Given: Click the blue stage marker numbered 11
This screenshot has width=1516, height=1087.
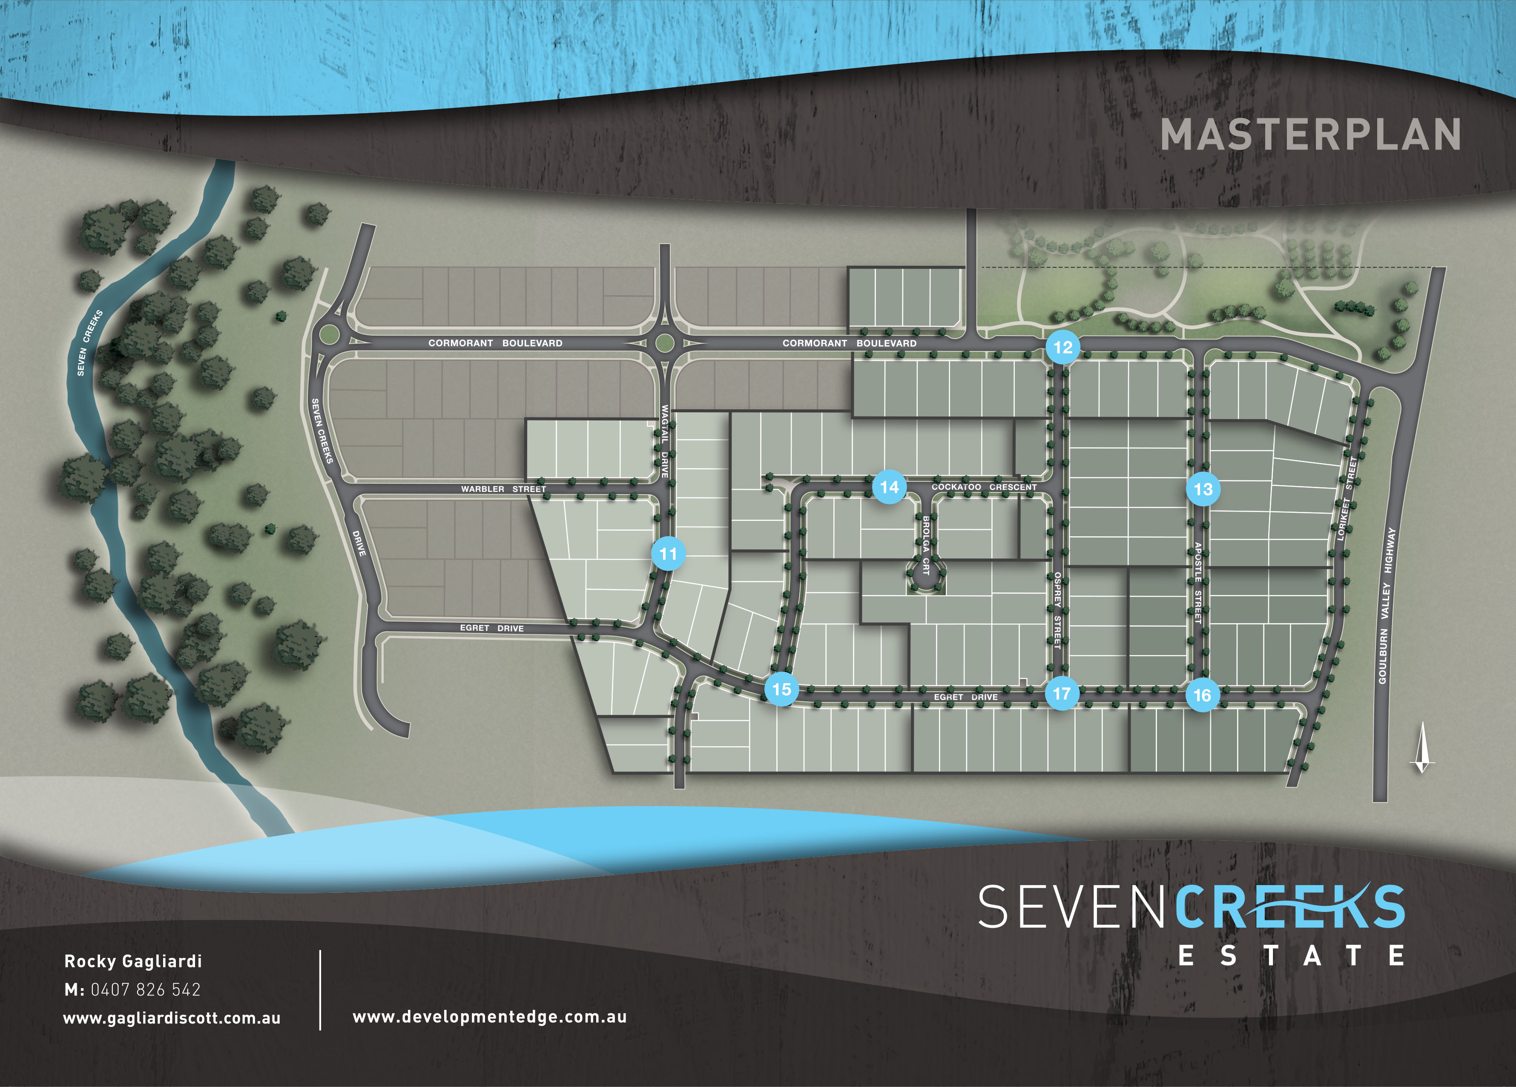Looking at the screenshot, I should [x=668, y=554].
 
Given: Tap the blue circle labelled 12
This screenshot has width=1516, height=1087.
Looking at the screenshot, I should [x=1063, y=347].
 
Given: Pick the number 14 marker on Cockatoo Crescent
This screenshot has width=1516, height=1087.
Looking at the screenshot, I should [x=889, y=487].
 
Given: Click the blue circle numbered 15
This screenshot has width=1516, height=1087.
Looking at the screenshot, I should [x=781, y=689].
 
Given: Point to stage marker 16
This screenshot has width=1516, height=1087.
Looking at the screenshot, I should [x=1202, y=695].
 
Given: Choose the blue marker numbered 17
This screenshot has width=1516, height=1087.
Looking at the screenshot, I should [x=1062, y=694].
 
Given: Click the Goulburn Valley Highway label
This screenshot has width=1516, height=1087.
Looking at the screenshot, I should [x=1387, y=605].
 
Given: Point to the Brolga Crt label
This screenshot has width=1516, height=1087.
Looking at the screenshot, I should [x=926, y=545].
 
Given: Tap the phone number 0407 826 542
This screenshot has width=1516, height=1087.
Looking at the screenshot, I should [x=145, y=989].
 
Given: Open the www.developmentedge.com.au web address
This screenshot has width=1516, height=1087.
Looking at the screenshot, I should [x=489, y=1017].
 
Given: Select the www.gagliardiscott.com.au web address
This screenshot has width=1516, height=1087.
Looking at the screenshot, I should [x=172, y=1018].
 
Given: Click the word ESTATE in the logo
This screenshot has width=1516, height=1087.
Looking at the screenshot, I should [x=1290, y=956].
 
